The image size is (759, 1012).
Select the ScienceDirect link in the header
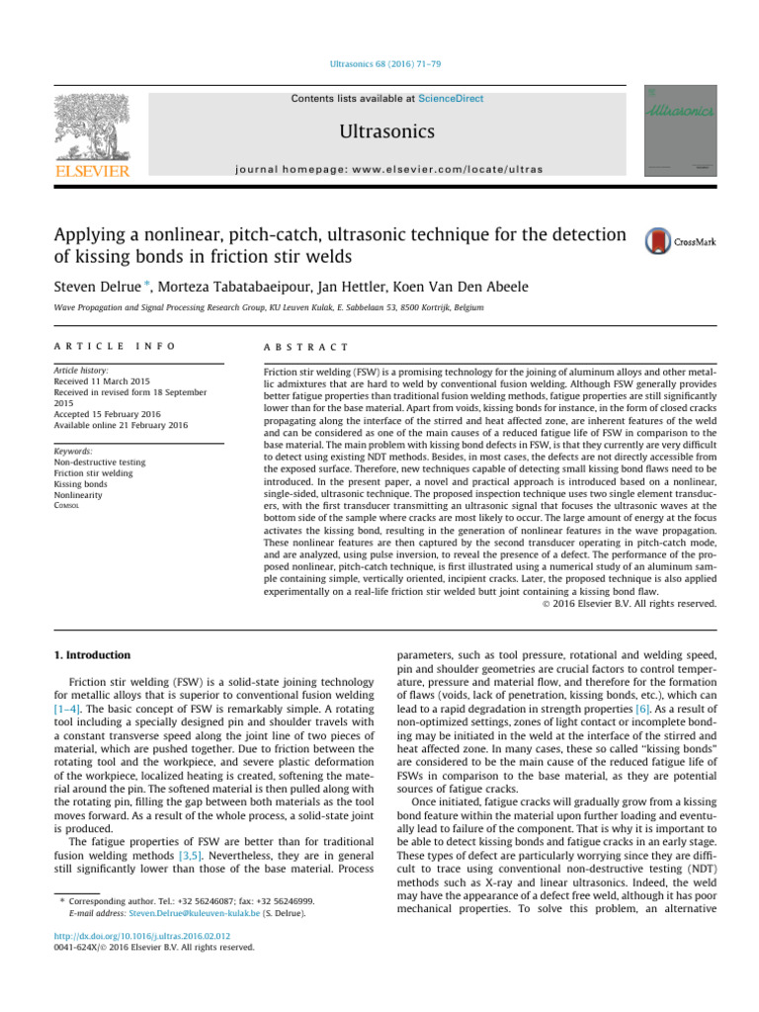451,99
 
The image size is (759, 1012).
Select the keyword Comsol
71,506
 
